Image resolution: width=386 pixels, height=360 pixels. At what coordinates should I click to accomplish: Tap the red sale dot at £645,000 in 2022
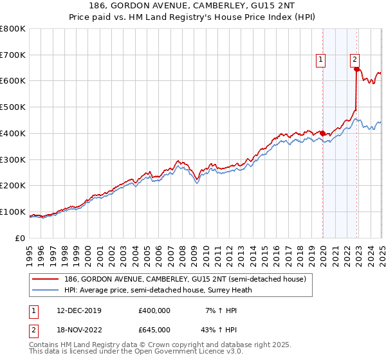tap(356, 69)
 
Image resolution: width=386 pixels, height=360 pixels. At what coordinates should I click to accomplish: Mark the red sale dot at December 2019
tap(322, 134)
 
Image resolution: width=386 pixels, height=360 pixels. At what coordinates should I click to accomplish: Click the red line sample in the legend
tap(45, 279)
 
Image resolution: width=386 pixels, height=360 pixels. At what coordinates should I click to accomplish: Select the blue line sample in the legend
tap(45, 289)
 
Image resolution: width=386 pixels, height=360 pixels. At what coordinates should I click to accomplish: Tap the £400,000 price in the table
tap(154, 310)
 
